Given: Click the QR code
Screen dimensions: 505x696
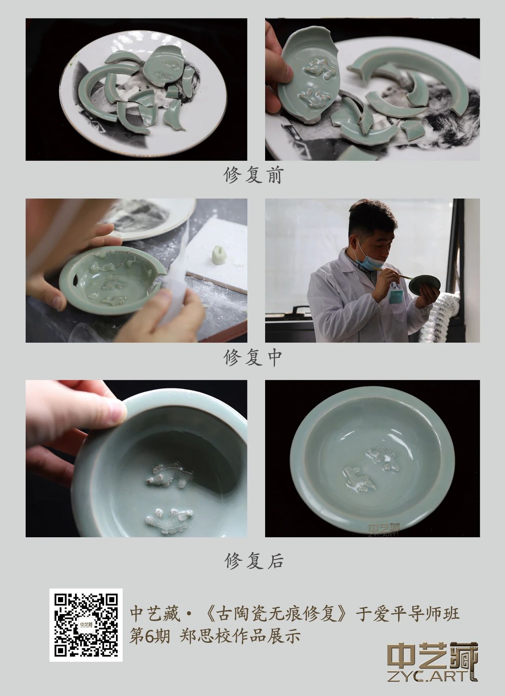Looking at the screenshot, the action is pyautogui.click(x=86, y=625).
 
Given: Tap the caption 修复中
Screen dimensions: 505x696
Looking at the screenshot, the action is pyautogui.click(x=254, y=358).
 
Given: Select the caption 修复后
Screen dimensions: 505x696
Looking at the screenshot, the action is pyautogui.click(x=254, y=560).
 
